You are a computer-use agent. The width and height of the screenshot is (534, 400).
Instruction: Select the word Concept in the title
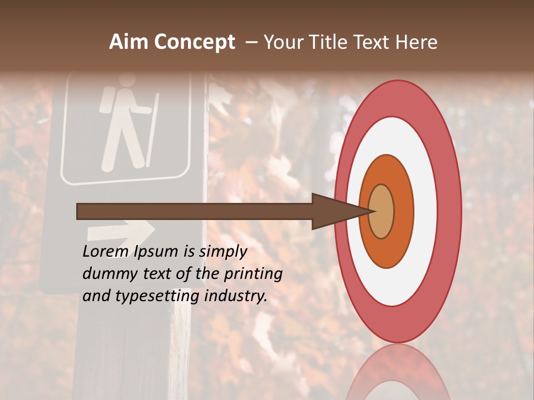194,42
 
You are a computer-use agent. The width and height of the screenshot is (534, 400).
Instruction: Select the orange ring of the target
404,212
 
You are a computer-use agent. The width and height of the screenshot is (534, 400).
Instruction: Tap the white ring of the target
426,212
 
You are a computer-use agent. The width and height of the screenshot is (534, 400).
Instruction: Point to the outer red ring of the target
450,212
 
